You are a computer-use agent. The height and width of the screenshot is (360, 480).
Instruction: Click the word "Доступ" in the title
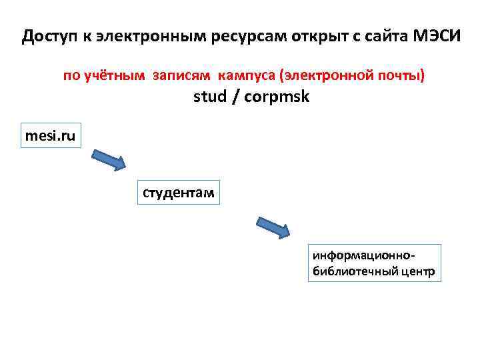(50, 35)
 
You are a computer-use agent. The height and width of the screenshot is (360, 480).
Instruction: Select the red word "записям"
(178, 75)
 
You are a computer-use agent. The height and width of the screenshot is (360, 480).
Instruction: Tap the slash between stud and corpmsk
(236, 97)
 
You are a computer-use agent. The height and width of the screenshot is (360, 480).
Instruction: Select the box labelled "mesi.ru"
(50, 137)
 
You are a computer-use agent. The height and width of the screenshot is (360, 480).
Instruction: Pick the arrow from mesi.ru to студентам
(107, 160)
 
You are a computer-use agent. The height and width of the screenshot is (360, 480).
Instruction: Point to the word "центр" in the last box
(417, 271)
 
